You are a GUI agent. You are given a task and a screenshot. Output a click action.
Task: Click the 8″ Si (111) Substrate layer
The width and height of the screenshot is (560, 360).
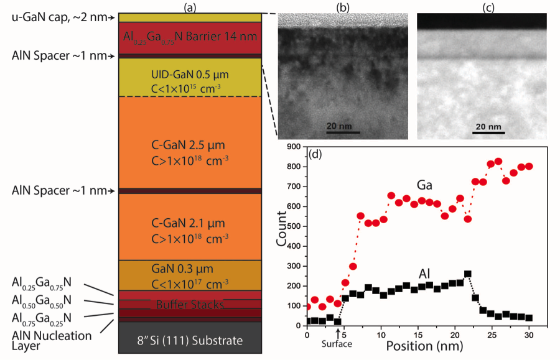point(189,340)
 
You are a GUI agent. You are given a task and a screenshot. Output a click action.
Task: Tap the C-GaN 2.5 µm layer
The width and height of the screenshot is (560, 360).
point(189,151)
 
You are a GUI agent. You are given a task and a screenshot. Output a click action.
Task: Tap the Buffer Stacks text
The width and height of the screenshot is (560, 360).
point(189,305)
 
